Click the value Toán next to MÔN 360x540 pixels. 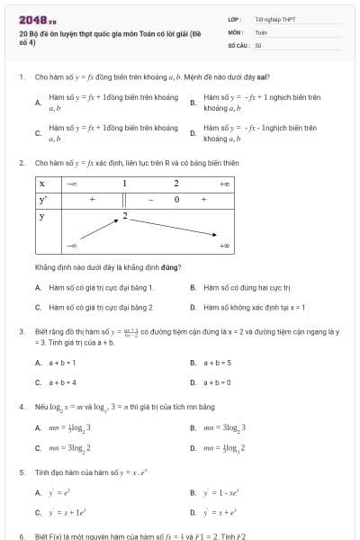coord(262,31)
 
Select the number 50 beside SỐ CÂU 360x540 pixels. coord(258,44)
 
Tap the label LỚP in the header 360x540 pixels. coord(235,19)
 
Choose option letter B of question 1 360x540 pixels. coord(193,103)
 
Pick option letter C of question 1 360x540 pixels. coord(38,133)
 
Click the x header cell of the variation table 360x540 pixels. coord(42,183)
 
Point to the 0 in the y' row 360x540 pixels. coord(177,199)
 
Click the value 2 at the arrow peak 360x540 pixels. coord(124,216)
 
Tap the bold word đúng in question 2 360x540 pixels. coord(171,267)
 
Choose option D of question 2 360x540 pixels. coord(193,307)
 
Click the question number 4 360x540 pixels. coord(21,407)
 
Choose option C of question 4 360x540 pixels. coord(38,447)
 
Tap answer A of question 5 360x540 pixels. coord(38,493)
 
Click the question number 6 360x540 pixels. coord(21,535)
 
